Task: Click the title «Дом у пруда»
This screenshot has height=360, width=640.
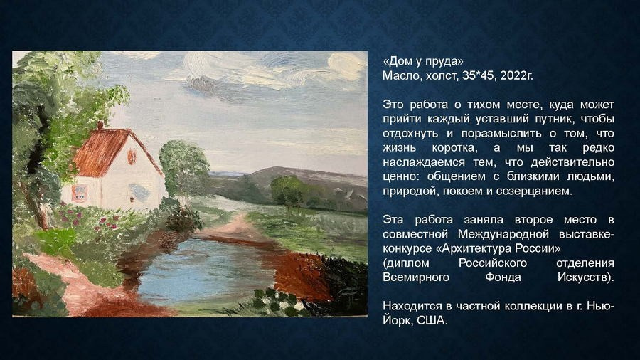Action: coord(422,61)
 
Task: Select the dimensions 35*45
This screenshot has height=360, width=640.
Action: coord(477,75)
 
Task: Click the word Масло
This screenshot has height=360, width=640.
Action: coord(400,75)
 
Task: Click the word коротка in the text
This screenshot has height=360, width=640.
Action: coord(449,147)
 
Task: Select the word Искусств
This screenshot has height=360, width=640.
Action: coord(583,277)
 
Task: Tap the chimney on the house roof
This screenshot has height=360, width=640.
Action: coord(100,125)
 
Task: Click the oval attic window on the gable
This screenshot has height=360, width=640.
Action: coord(132,156)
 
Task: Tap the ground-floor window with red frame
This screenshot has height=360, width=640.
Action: coord(80,192)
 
